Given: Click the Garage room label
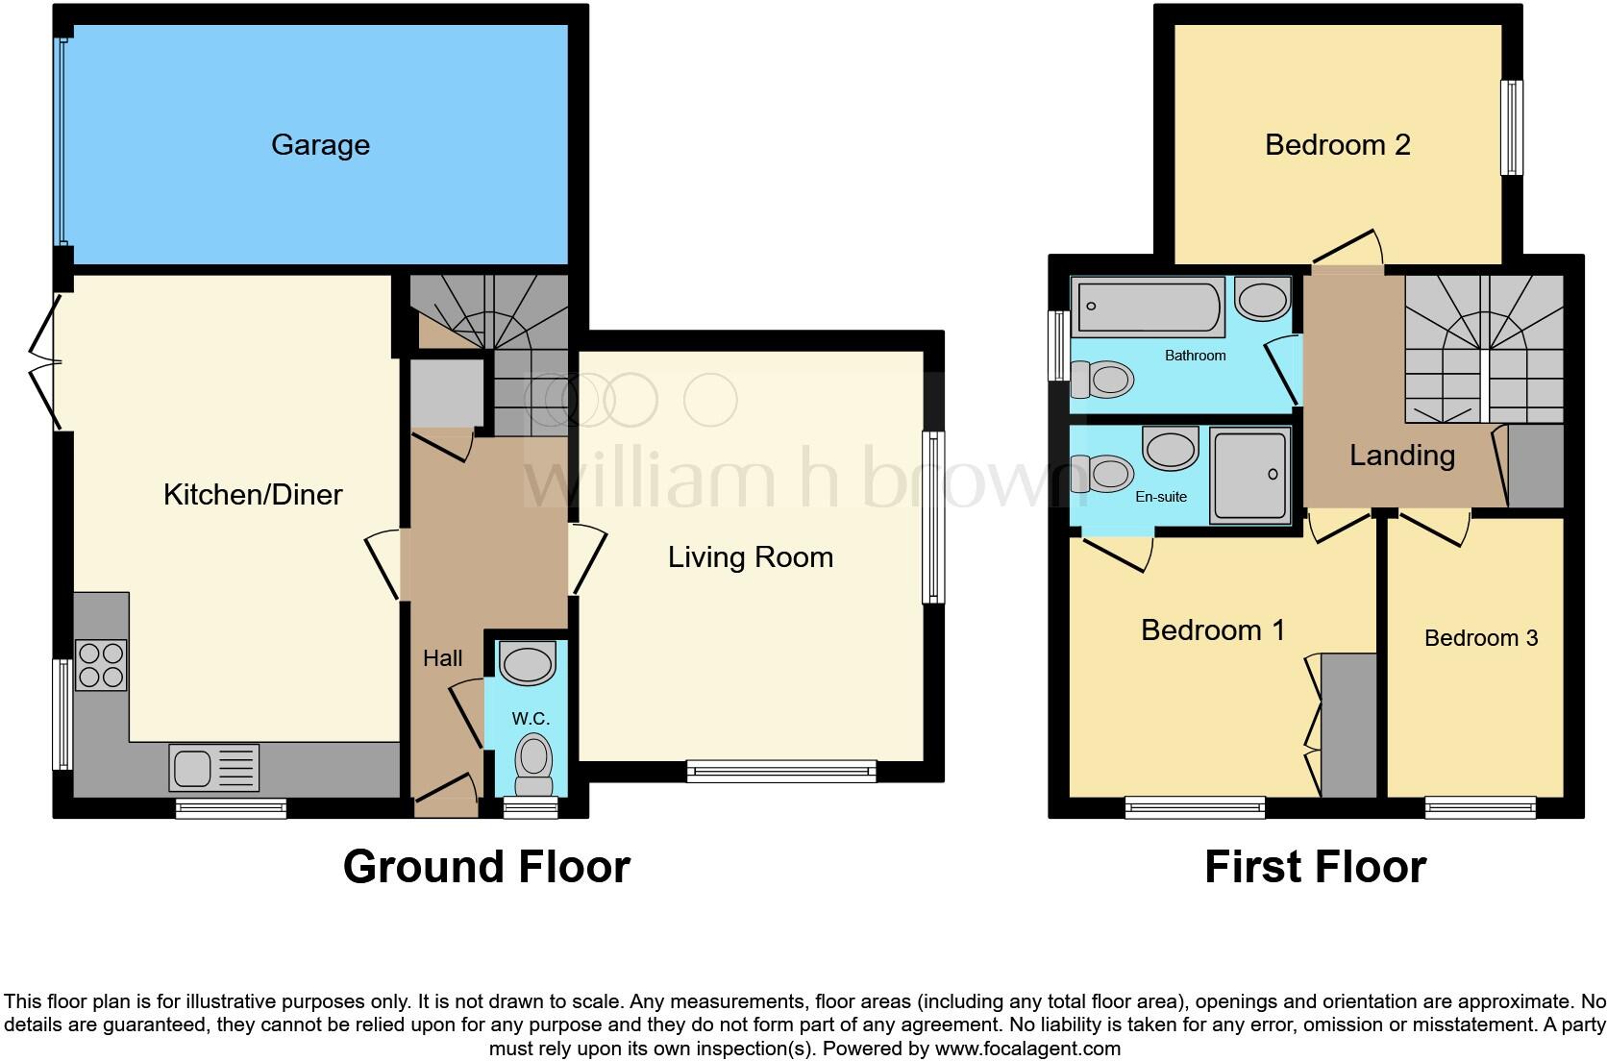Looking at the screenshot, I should (x=320, y=145).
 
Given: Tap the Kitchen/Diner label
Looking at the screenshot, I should (x=253, y=495).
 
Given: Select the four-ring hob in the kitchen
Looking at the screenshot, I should (x=101, y=664).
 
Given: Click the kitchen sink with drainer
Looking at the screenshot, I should (x=213, y=768).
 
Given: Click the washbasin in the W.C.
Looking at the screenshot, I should (x=529, y=664).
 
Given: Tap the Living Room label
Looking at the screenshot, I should (x=750, y=557).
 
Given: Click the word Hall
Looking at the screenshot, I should (x=442, y=658).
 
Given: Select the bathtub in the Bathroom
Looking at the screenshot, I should (x=1149, y=306).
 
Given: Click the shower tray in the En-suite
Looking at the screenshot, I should (x=1250, y=476).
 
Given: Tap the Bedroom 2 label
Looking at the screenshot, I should (x=1337, y=145).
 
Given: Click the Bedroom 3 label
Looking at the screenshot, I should (x=1480, y=638).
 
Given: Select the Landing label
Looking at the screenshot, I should (x=1401, y=456).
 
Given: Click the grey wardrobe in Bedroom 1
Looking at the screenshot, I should (x=1348, y=725).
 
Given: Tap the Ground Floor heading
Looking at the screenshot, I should (x=486, y=867).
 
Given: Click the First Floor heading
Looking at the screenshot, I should (x=1314, y=867).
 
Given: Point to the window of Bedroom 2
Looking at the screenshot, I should (x=1512, y=127).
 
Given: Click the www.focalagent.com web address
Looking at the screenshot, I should (x=1026, y=1049).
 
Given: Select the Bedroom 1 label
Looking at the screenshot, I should (x=1212, y=630).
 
